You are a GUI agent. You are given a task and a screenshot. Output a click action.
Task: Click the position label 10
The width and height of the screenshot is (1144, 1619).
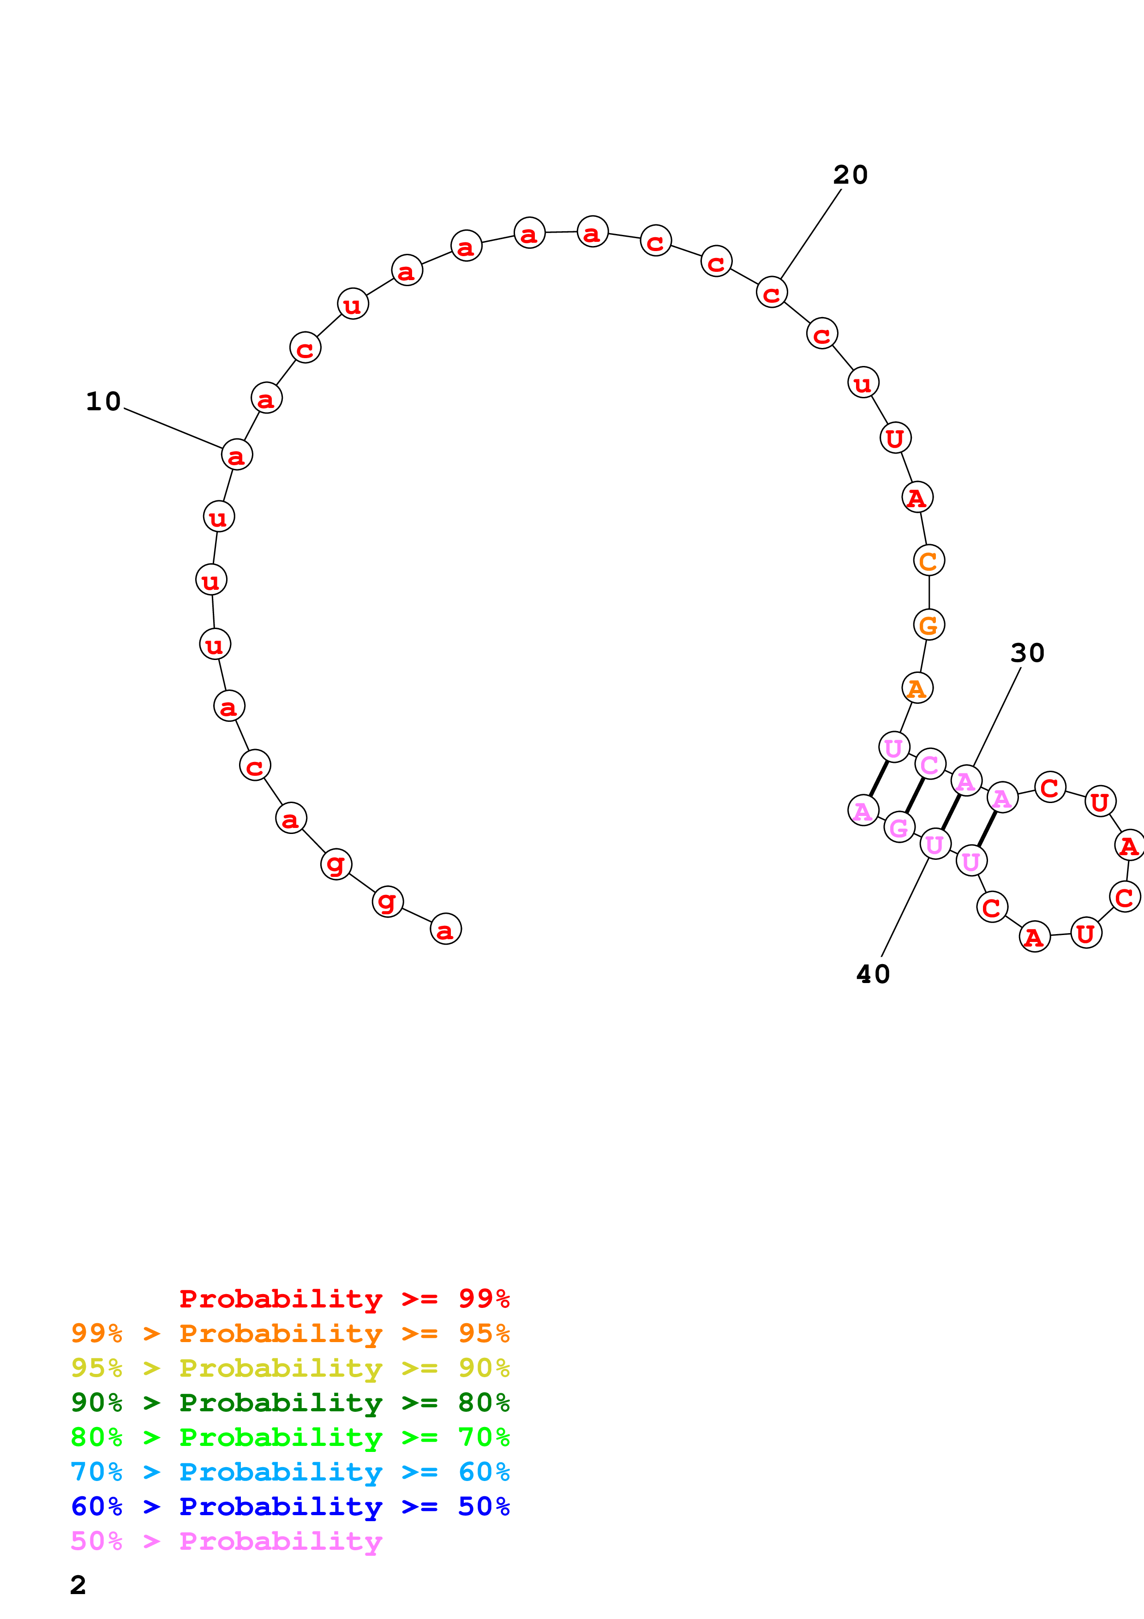point(103,401)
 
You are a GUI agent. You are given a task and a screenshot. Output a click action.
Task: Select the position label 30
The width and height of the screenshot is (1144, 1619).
point(1027,653)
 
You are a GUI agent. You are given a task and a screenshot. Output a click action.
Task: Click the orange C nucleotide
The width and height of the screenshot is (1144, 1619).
point(929,561)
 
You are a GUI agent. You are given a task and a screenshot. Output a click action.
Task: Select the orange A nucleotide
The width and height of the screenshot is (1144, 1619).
point(917,688)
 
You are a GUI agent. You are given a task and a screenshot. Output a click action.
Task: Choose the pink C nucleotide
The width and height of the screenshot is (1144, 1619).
point(930,764)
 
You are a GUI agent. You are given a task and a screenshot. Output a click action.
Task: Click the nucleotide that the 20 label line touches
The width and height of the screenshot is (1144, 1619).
point(772,293)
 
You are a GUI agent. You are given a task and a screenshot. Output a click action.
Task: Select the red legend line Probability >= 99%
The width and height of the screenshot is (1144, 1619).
point(344,1299)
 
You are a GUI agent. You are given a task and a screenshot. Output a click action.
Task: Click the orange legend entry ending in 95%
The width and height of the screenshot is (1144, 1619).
point(290,1333)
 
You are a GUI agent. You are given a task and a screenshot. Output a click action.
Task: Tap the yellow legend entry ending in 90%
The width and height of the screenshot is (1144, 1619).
point(290,1368)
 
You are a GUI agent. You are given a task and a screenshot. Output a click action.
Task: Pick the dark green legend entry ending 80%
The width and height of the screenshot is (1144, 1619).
point(290,1403)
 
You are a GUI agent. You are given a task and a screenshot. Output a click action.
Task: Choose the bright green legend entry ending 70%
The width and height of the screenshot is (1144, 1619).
point(290,1437)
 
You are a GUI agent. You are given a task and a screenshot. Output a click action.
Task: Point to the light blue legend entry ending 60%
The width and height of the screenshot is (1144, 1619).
point(290,1472)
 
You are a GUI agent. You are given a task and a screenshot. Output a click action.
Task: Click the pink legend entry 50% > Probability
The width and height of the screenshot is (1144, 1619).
point(226,1541)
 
